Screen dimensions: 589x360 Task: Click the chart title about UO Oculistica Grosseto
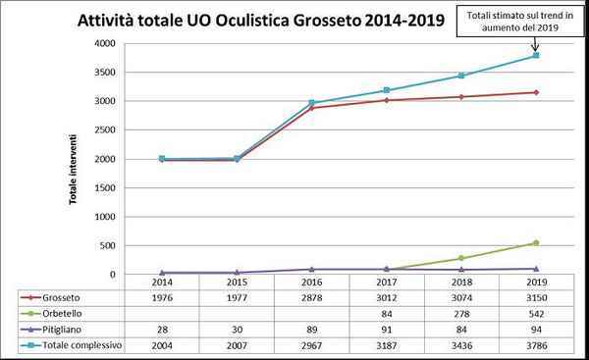pyautogui.click(x=261, y=20)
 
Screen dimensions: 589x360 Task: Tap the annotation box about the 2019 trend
pyautogui.click(x=520, y=22)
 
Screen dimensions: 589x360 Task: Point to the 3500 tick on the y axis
pyautogui.click(x=104, y=72)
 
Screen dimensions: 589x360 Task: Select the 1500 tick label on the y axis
pyautogui.click(x=104, y=187)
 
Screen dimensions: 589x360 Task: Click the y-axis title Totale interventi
pyautogui.click(x=73, y=170)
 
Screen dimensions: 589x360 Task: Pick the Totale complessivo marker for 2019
pyautogui.click(x=536, y=56)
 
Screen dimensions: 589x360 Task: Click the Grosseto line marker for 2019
pyautogui.click(x=536, y=92)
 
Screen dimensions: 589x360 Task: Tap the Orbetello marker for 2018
pyautogui.click(x=461, y=258)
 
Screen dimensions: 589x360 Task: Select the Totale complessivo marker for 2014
pyautogui.click(x=162, y=158)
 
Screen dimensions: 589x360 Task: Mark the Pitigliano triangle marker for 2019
pyautogui.click(x=536, y=269)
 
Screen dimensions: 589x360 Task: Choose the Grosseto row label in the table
pyautogui.click(x=61, y=297)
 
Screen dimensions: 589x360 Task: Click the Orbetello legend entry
pyautogui.click(x=51, y=314)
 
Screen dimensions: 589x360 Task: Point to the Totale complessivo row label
pyautogui.click(x=82, y=345)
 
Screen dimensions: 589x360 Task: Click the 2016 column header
pyautogui.click(x=312, y=282)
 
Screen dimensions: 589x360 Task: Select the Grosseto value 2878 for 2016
pyautogui.click(x=312, y=297)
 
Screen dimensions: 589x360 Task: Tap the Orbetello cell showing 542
pyautogui.click(x=536, y=314)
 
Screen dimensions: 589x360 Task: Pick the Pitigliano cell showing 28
pyautogui.click(x=162, y=330)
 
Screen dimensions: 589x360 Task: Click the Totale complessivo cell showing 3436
pyautogui.click(x=461, y=345)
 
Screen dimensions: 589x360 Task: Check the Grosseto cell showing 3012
pyautogui.click(x=387, y=297)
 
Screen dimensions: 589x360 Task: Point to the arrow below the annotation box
pyautogui.click(x=536, y=43)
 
